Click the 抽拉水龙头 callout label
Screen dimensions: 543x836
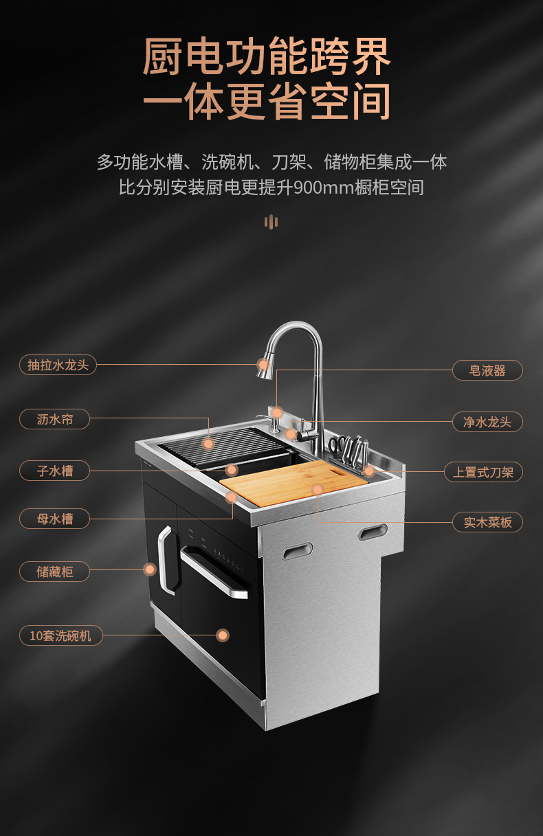[x=58, y=365]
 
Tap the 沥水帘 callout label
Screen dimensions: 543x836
[x=54, y=419]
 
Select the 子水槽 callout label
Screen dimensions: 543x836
[x=54, y=471]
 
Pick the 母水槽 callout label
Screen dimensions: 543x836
[x=54, y=519]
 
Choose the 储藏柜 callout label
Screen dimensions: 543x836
[x=54, y=572]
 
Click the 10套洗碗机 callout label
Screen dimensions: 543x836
[x=61, y=635]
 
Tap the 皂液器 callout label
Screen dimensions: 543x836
[x=487, y=370]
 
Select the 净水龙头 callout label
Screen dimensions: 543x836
[x=487, y=422]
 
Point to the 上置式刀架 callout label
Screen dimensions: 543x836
[x=483, y=472]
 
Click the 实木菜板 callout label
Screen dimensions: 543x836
[x=487, y=522]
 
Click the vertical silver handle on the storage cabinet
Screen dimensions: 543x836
[x=167, y=560]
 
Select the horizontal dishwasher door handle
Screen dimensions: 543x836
[x=214, y=572]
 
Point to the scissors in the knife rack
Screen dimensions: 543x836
[x=336, y=451]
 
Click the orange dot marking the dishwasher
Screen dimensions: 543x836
[x=223, y=635]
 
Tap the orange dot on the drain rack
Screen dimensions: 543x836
[x=208, y=444]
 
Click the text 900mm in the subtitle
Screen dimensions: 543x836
[x=324, y=187]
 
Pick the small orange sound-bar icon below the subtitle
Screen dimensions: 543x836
[x=271, y=222]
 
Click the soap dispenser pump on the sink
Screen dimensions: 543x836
[x=274, y=425]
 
